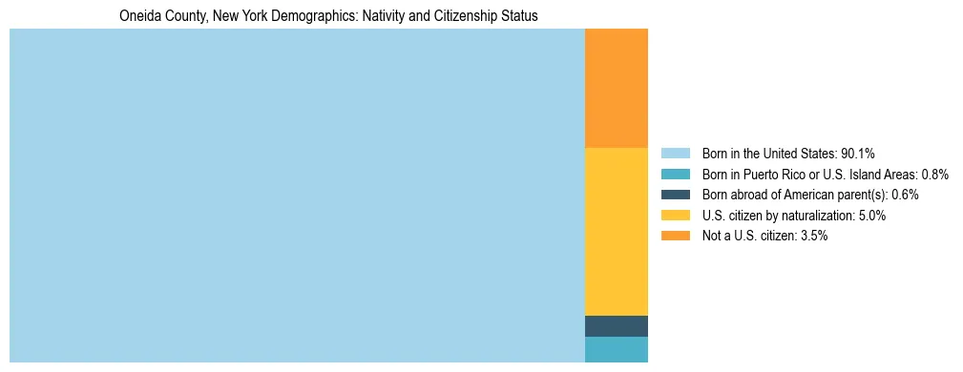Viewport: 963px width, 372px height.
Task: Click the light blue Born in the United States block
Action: coord(297,196)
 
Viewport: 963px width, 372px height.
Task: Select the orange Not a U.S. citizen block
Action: coord(616,88)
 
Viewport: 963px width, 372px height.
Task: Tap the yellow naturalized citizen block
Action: coord(616,231)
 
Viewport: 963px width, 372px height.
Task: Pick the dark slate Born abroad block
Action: coord(616,326)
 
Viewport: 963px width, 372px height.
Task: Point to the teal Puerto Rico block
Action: coord(616,349)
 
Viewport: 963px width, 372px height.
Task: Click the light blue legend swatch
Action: coord(675,154)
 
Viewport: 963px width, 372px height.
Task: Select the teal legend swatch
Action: coord(675,175)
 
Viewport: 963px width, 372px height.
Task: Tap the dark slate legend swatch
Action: coord(675,195)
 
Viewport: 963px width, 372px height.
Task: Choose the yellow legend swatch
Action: coord(675,216)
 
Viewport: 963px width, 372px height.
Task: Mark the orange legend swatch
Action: coord(675,236)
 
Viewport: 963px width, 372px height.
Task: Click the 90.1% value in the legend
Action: coord(857,154)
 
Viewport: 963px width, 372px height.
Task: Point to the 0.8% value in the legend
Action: coord(934,175)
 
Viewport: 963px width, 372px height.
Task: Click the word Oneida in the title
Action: coord(139,16)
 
